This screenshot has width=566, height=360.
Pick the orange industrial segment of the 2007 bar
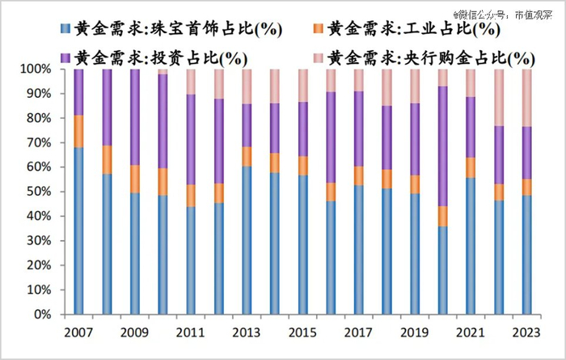click(x=78, y=131)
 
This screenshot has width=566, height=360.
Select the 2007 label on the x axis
click(x=78, y=332)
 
